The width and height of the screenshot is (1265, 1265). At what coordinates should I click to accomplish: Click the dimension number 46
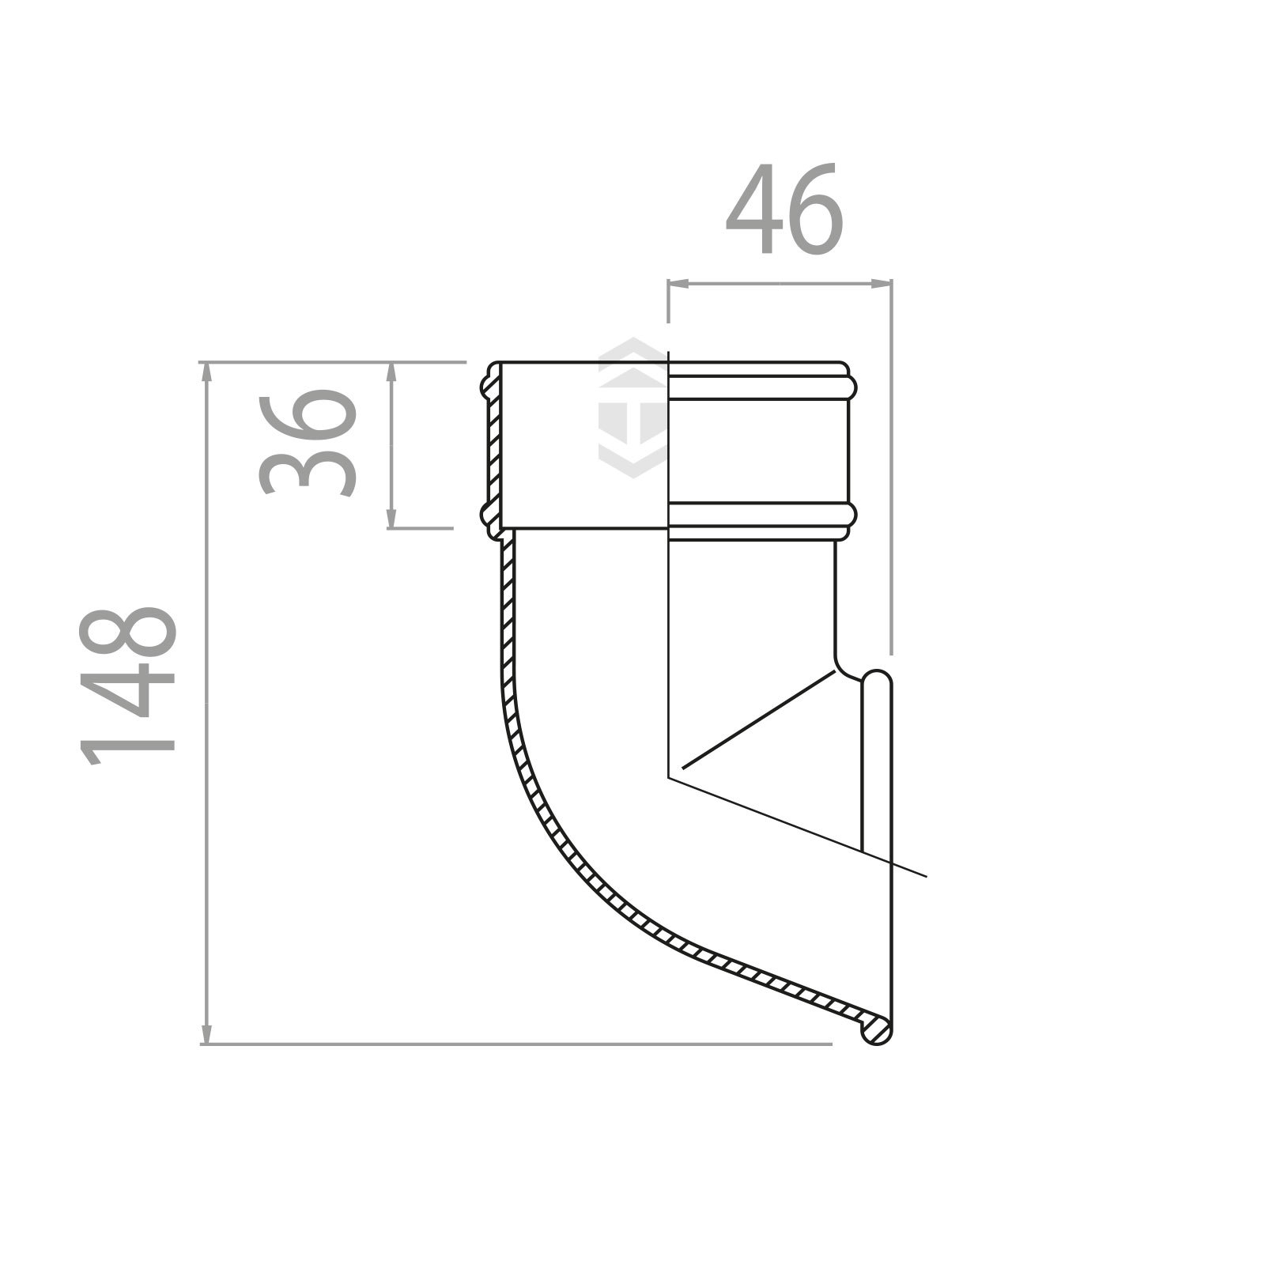[x=784, y=210]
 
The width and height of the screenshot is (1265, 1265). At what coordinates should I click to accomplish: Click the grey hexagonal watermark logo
[x=632, y=407]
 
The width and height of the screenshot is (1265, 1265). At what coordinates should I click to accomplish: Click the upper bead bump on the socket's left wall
[x=485, y=387]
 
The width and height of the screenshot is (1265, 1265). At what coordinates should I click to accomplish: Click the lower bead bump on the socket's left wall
[x=485, y=516]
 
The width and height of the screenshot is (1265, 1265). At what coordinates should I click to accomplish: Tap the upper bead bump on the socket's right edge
[x=852, y=387]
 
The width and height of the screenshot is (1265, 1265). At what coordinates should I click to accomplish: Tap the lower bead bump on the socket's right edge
[x=852, y=515]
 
